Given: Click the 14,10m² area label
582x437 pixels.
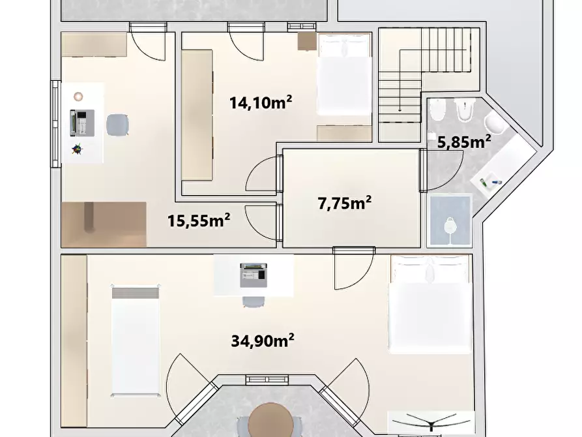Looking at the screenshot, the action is tap(261, 102).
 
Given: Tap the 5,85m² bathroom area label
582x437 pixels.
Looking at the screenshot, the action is tap(464, 142).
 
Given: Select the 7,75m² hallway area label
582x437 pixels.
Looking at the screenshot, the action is tap(345, 203).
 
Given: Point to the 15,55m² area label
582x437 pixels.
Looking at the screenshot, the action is tap(199, 220).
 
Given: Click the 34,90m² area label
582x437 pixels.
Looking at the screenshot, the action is tap(263, 340).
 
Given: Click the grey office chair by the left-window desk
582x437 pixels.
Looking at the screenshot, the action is tap(118, 125).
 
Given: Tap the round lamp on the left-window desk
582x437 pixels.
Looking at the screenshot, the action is tap(78, 97).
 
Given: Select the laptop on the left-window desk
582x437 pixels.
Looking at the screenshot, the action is tap(82, 123).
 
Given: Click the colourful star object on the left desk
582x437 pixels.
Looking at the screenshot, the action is tap(77, 149).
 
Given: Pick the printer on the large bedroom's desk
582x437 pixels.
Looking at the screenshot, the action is tap(254, 275).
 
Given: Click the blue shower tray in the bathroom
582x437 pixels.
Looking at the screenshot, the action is tap(450, 221).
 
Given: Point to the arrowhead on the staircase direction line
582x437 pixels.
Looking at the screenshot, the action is tap(400, 110).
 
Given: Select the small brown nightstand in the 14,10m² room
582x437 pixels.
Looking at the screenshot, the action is tap(308, 41).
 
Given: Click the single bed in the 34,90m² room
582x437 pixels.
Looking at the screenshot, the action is tap(136, 340).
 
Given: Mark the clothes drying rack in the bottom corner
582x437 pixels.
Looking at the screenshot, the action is tap(431, 423).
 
